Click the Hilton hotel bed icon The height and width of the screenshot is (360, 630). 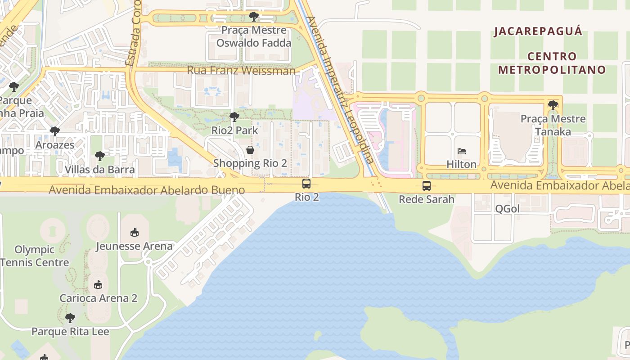coord(462,151)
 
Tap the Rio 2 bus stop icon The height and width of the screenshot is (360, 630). coord(306,184)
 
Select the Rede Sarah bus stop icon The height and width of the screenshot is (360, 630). coord(426,185)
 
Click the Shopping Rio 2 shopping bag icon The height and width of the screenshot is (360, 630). coord(250,150)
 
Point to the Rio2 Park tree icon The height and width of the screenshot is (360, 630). coord(234,117)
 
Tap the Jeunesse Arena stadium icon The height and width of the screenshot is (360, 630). coord(134,233)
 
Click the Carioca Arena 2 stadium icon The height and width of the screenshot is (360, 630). coord(98,285)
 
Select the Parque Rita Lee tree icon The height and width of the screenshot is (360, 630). coord(70,318)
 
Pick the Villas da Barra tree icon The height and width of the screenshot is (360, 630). coord(99,156)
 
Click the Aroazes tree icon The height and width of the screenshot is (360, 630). coord(55,131)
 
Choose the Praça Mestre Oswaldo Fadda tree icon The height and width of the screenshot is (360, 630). coord(254,17)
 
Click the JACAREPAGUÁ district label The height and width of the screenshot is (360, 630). coord(538,31)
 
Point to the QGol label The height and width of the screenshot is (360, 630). coord(507,209)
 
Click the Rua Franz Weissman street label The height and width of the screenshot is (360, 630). coord(241,71)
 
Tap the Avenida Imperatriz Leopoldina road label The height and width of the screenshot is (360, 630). coord(340,90)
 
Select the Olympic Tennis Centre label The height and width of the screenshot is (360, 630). coord(35,256)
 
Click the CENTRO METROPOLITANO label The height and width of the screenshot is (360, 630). coord(552,63)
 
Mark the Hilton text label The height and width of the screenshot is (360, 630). coord(461,164)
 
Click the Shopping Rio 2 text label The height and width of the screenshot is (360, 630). coord(250,163)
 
